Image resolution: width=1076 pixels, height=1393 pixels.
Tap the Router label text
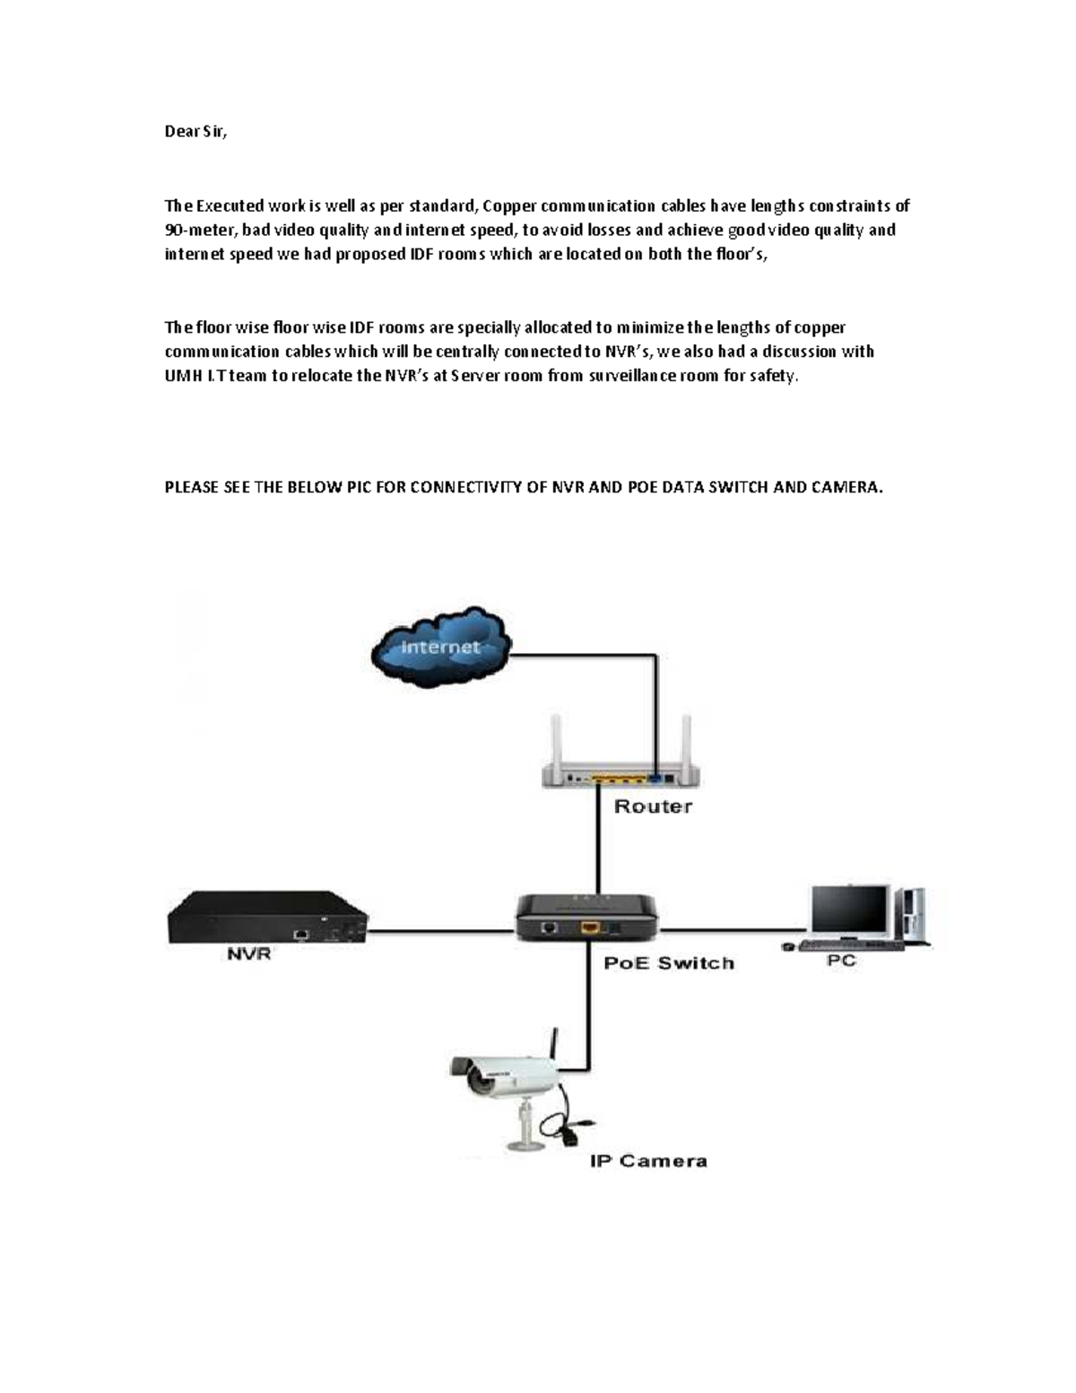point(653,806)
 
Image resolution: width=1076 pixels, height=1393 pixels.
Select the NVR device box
point(267,917)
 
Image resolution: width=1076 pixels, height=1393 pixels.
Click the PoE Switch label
point(669,963)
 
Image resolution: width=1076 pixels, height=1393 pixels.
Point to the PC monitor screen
point(849,909)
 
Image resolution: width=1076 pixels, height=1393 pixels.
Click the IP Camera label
point(648,1162)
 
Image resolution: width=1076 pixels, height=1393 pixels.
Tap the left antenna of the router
point(557,739)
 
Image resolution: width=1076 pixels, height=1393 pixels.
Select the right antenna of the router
point(687,739)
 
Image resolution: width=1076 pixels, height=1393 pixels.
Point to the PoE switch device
point(587,917)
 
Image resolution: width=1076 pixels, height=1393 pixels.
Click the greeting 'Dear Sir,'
point(196,132)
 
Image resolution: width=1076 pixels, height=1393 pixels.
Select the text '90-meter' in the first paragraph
point(201,231)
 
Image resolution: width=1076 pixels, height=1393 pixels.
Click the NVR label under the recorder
point(249,954)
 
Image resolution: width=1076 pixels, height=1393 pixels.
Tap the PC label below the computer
point(840,961)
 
